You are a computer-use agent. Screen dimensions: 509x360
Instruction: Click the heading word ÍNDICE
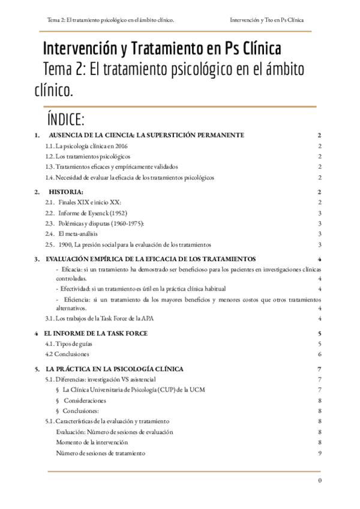pyautogui.click(x=74, y=118)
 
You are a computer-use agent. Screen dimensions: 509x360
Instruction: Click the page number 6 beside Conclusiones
pyautogui.click(x=321, y=354)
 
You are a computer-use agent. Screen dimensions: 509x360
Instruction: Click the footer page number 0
pyautogui.click(x=320, y=480)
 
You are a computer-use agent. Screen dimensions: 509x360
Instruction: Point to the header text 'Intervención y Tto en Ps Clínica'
pyautogui.click(x=266, y=20)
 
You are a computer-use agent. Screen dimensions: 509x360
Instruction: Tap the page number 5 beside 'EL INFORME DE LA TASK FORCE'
pyautogui.click(x=321, y=333)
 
